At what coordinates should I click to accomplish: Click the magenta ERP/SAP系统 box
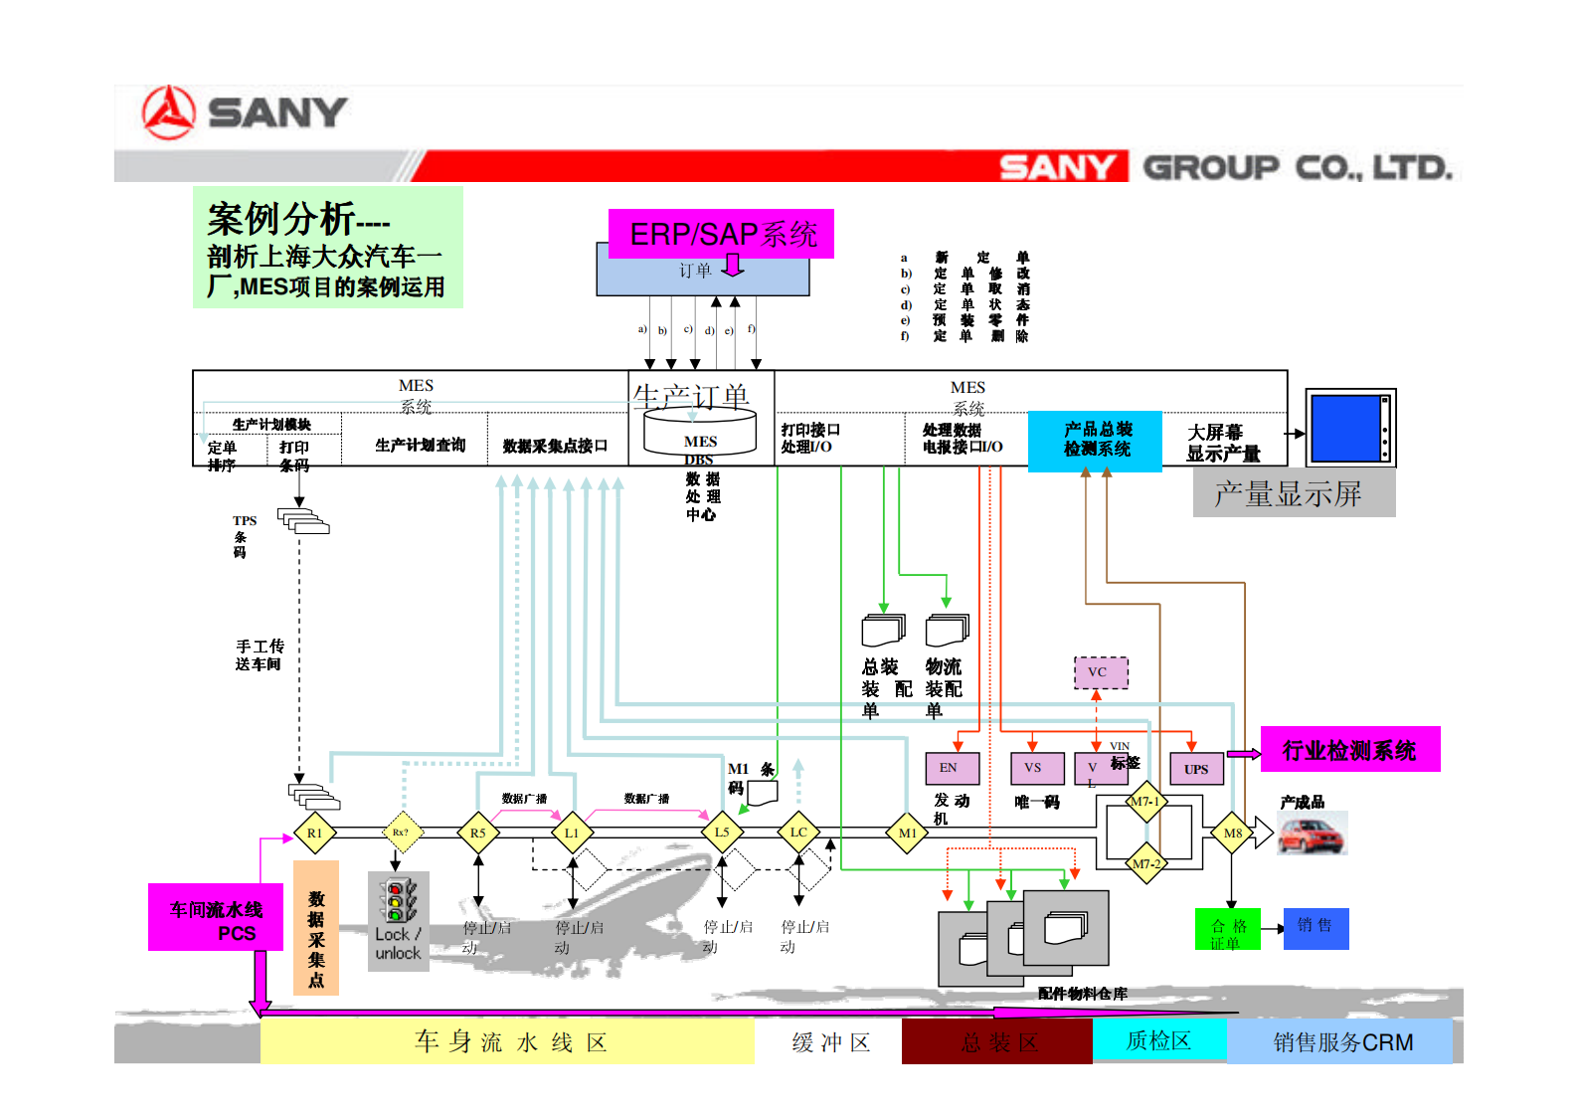(721, 234)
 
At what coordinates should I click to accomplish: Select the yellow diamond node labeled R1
(314, 834)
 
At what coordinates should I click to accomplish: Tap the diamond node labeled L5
(722, 833)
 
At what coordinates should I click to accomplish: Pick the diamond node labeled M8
(1232, 834)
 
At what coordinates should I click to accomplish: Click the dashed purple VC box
(1101, 672)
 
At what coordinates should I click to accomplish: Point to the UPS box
(1196, 769)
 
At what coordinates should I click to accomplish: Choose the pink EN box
(952, 768)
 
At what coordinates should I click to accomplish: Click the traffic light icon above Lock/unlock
(399, 900)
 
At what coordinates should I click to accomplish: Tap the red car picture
(1312, 834)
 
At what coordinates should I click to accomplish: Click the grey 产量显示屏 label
(1293, 493)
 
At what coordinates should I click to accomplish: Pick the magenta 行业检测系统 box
(1349, 750)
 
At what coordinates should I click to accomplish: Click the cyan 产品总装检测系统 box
(1095, 440)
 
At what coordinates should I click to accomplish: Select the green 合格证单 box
(1227, 929)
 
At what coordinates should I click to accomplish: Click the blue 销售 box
(1315, 928)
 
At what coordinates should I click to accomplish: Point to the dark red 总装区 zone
(996, 1041)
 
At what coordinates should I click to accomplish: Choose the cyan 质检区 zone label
(1158, 1040)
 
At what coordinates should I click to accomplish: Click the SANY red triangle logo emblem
(168, 111)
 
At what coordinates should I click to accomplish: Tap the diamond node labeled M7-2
(1145, 863)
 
